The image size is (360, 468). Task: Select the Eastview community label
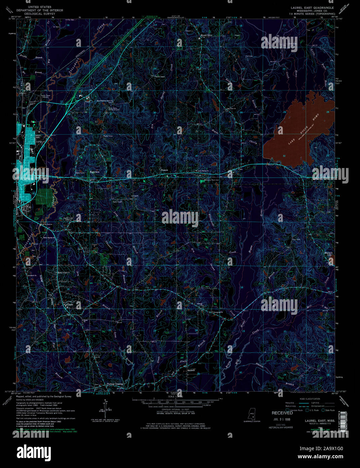(x=95, y=172)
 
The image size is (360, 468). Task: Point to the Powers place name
(x=164, y=170)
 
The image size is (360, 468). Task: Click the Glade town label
(x=69, y=305)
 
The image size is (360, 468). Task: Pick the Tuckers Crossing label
(x=115, y=384)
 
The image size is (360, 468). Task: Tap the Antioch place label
(x=191, y=370)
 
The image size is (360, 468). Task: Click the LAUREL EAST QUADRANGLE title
(x=313, y=7)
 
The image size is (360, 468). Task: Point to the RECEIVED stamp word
(x=282, y=413)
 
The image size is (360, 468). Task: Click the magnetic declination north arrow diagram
(x=105, y=407)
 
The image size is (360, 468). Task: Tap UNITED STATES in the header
(x=40, y=7)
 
